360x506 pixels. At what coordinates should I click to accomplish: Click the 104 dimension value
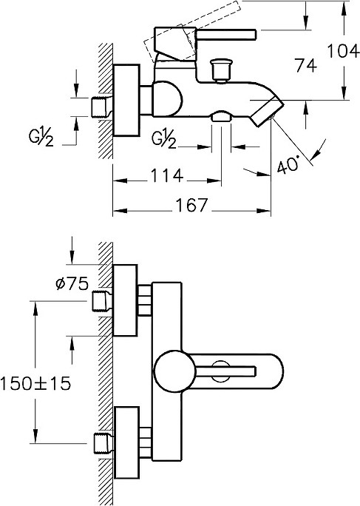point(343,51)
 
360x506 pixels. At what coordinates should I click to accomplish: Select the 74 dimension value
point(307,66)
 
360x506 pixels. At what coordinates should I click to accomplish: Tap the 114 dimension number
point(167,176)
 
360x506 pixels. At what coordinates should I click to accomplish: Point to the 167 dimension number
point(191,205)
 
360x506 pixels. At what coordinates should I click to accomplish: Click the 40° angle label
point(288,166)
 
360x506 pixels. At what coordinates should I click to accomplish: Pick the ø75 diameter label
point(72,284)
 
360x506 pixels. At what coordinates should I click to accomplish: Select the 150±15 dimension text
point(35,384)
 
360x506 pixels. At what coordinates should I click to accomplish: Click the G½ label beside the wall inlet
point(41,138)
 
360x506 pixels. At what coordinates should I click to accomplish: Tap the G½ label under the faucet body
point(164,139)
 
